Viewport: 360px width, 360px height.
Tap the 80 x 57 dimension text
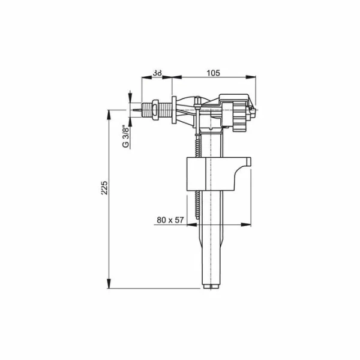170,220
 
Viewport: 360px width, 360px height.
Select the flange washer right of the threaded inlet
172,110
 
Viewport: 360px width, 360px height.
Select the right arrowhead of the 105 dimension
247,77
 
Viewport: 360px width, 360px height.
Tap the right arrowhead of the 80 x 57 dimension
247,224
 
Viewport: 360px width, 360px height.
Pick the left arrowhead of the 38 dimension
143,77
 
